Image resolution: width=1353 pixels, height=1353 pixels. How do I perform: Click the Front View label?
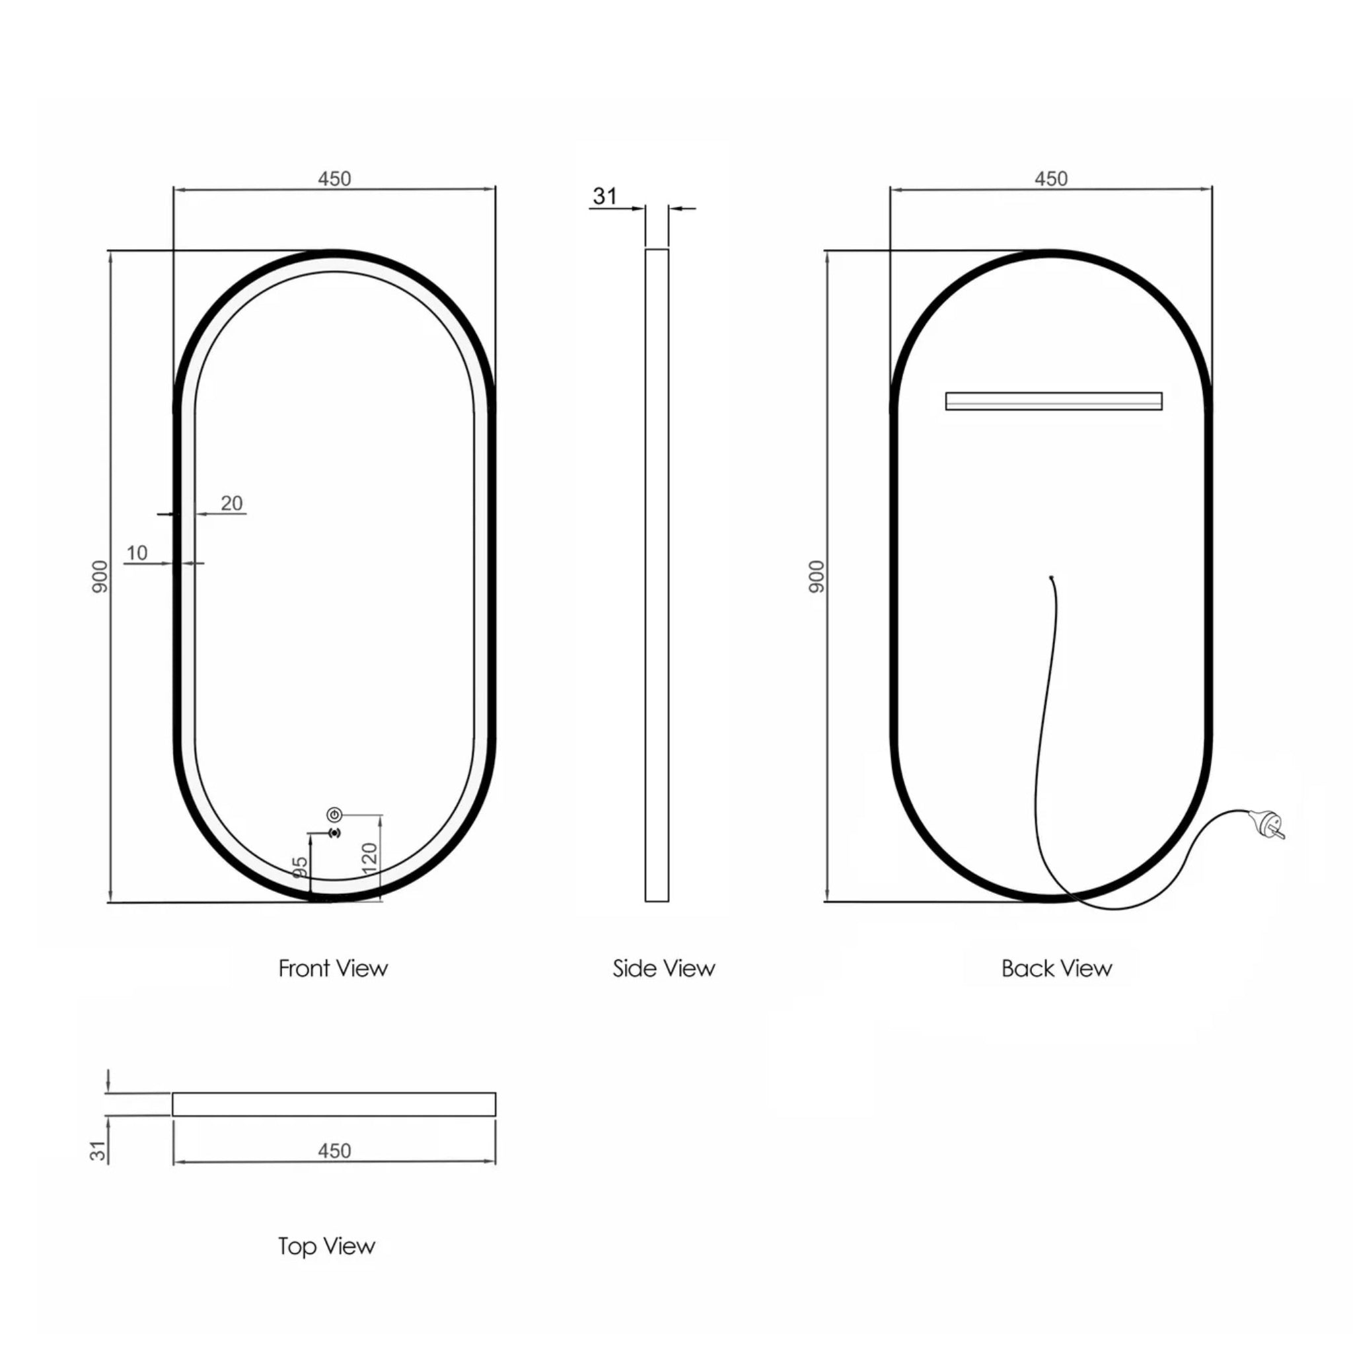(333, 969)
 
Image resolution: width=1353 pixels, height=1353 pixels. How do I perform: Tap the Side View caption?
(663, 969)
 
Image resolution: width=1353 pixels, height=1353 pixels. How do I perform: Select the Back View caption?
(1056, 969)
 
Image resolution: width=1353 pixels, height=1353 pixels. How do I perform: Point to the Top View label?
(326, 1246)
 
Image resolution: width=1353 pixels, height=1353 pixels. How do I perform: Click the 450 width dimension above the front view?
(334, 178)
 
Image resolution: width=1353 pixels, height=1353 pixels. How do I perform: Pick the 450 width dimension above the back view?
(1050, 178)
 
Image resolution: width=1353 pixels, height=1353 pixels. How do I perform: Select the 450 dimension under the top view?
(334, 1151)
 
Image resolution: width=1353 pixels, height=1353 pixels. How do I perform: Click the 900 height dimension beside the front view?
(101, 576)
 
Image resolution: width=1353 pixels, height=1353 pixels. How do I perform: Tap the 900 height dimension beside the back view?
(817, 576)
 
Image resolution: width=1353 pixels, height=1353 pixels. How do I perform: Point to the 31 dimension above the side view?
(604, 197)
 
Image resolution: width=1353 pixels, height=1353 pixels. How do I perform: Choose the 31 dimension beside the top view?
(98, 1151)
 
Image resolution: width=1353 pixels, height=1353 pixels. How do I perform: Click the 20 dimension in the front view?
(232, 503)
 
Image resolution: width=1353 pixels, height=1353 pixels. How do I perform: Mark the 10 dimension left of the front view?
(137, 552)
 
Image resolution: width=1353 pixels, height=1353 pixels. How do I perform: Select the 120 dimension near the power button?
(370, 857)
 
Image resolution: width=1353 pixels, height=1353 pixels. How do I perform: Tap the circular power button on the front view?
(334, 815)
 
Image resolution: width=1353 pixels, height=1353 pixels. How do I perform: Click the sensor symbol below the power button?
(334, 832)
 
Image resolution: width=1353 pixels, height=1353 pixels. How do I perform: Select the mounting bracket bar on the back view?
(1053, 400)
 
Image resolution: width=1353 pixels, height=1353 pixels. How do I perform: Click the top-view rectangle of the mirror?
(334, 1105)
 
